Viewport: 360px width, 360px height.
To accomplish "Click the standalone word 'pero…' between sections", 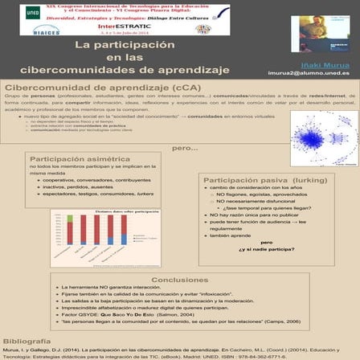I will click(184, 149).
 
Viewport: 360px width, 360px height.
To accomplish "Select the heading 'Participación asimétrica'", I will click(80, 160).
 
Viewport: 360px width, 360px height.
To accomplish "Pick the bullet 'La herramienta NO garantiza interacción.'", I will click(105, 288).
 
